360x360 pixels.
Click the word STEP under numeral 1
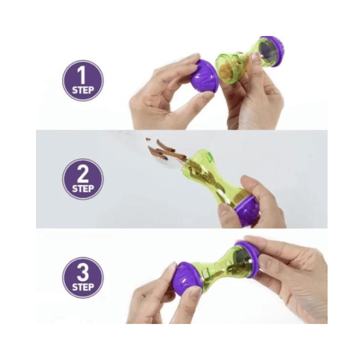(83, 90)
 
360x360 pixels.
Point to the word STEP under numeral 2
(83, 189)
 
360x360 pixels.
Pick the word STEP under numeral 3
(83, 287)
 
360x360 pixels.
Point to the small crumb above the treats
(148, 139)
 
